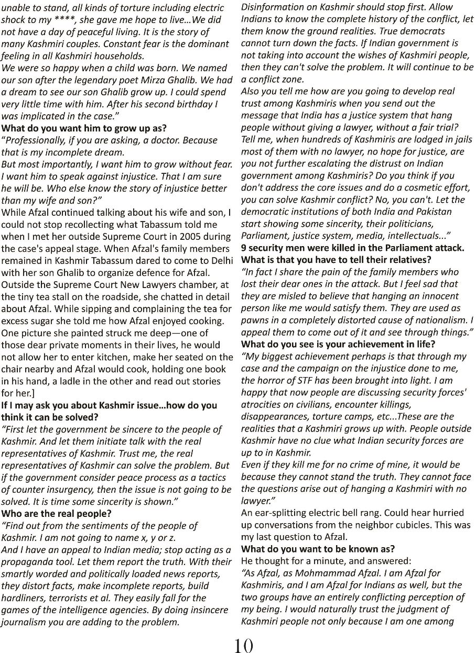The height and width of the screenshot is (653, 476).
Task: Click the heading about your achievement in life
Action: [338, 344]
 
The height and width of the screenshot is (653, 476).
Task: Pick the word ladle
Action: [86, 381]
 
